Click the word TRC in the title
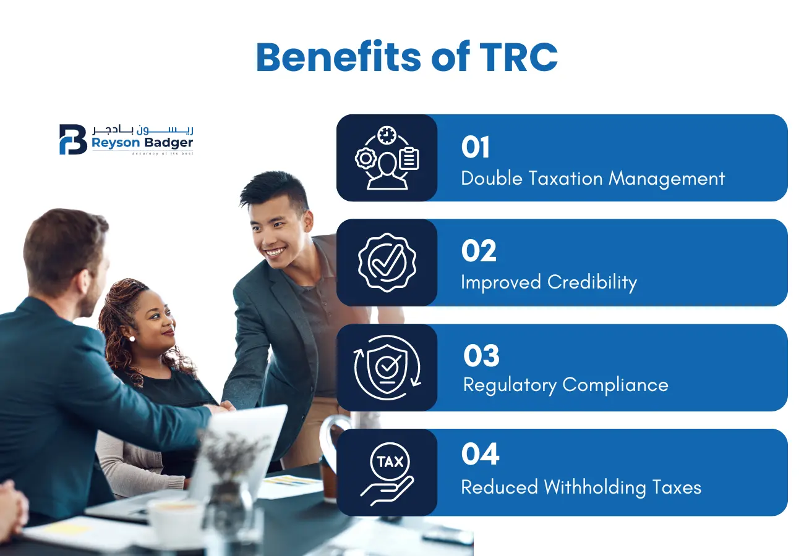[x=518, y=57]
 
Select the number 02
[x=479, y=251]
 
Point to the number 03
[x=481, y=356]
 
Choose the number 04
[x=480, y=455]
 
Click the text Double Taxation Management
[x=592, y=179]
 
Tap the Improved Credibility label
[x=549, y=282]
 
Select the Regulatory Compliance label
[x=565, y=385]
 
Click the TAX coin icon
[x=390, y=462]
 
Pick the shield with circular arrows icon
[x=387, y=367]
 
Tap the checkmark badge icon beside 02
[x=387, y=262]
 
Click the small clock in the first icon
[x=387, y=134]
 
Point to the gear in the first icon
[x=366, y=158]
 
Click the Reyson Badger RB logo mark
[x=73, y=139]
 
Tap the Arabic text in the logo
[x=143, y=130]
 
